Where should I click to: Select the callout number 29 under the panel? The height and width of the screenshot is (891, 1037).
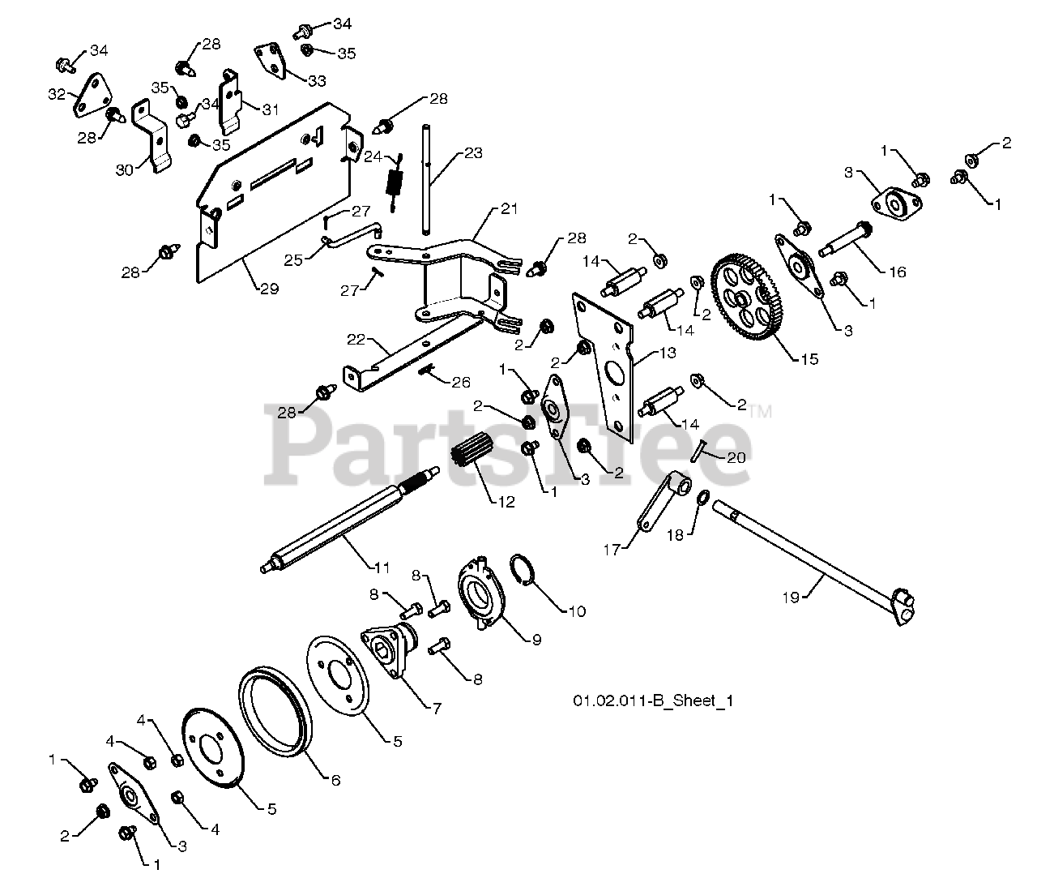point(269,289)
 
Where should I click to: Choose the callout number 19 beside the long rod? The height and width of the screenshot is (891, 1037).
point(791,598)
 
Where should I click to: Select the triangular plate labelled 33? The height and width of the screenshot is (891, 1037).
point(271,60)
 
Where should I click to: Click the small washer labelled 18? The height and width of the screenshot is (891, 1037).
point(703,498)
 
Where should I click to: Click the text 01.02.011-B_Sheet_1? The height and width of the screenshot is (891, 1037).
point(653,700)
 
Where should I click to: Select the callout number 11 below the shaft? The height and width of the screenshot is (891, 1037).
point(382,568)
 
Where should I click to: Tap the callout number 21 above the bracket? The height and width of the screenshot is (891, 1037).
point(510,208)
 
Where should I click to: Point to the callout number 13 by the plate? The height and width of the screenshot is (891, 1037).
point(668,353)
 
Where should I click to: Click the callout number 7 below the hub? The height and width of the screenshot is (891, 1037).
point(437,709)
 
